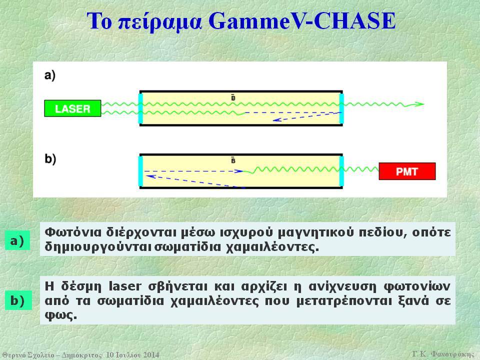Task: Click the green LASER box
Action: pyautogui.click(x=72, y=108)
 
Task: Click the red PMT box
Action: pyautogui.click(x=407, y=171)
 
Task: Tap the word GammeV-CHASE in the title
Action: pyautogui.click(x=302, y=21)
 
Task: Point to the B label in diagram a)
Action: pyautogui.click(x=233, y=98)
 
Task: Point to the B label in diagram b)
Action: pyautogui.click(x=233, y=160)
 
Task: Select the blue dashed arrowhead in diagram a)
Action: pyautogui.click(x=276, y=120)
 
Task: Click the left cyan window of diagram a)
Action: pyautogui.click(x=140, y=108)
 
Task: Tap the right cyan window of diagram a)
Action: pyautogui.click(x=341, y=108)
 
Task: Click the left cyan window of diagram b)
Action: pyautogui.click(x=140, y=171)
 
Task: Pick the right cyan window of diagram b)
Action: pyautogui.click(x=341, y=171)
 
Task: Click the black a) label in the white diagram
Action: pyautogui.click(x=50, y=75)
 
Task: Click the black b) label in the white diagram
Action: pyautogui.click(x=50, y=159)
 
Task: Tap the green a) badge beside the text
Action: pyautogui.click(x=17, y=240)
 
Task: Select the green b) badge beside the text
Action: pyautogui.click(x=18, y=300)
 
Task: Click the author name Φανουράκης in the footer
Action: pyautogui.click(x=452, y=354)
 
